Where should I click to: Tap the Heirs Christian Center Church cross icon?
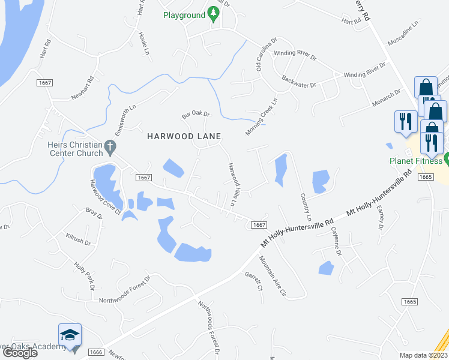(109, 146)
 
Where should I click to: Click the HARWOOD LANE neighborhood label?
(184, 136)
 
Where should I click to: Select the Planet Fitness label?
(416, 161)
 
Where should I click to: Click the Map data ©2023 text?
(423, 355)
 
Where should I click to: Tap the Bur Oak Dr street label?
(196, 114)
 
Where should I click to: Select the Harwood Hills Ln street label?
(231, 185)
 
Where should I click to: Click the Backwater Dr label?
(298, 82)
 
